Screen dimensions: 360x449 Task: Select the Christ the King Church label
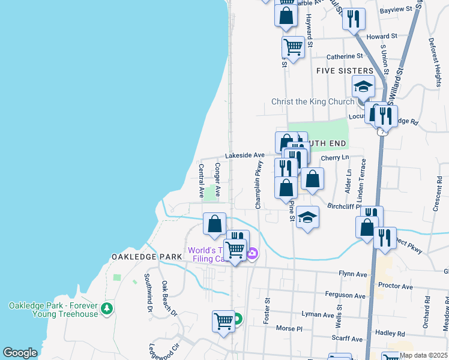pos(313,101)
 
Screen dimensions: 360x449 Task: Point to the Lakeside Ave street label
pos(246,155)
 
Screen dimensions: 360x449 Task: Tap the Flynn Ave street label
pos(352,274)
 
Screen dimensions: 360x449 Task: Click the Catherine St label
pos(345,57)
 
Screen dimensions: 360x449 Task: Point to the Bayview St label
pos(396,10)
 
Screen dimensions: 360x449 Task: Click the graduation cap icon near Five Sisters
pos(363,88)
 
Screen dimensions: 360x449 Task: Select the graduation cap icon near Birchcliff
pos(307,217)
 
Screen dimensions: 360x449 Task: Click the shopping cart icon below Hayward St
pos(293,46)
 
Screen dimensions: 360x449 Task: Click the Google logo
pos(20,353)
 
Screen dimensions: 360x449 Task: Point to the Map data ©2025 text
pos(424,355)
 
